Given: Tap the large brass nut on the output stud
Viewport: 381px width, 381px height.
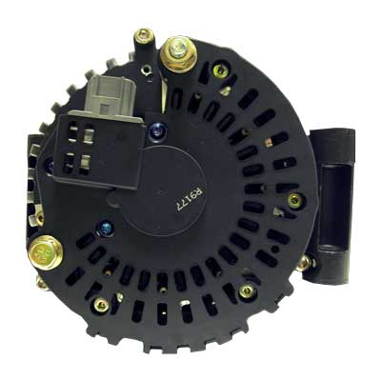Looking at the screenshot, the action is tap(178, 55).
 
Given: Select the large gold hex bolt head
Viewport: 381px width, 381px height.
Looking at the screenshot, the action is tap(46, 252).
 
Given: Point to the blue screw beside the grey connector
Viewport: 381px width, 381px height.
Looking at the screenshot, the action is tap(157, 130).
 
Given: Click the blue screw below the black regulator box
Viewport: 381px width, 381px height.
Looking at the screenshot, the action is tap(106, 228).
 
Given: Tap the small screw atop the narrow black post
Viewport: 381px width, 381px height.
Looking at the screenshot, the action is tap(144, 35).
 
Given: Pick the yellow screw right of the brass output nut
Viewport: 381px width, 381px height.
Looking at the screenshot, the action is tap(220, 70).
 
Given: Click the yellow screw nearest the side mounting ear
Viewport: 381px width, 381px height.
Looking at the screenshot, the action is tap(294, 200).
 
